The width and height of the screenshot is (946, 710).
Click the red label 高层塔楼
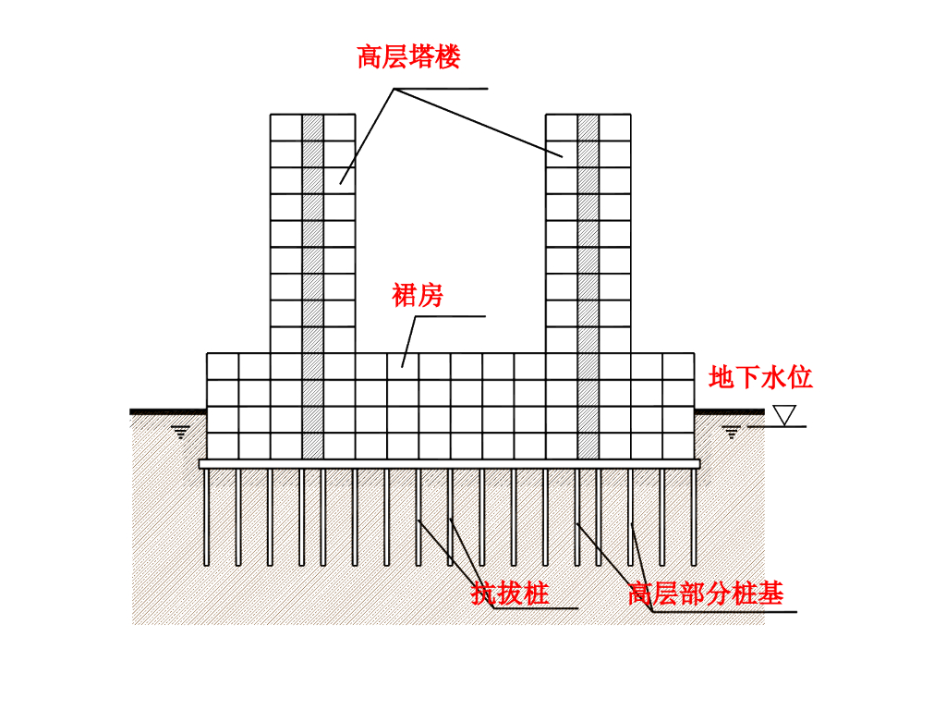point(408,58)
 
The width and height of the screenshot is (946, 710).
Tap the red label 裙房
point(418,296)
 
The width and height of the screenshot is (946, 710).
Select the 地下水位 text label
point(760,377)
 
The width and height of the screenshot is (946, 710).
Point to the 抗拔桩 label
point(510,593)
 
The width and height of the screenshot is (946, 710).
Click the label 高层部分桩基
point(706,593)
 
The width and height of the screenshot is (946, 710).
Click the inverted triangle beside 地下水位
point(785,415)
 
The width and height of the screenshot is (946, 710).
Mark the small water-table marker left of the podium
point(181,431)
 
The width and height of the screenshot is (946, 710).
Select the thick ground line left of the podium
point(167,411)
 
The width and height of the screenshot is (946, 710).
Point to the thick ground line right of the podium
point(729,411)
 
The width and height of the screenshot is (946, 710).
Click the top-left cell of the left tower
point(286,128)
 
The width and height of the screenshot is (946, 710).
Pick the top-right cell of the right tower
point(614,128)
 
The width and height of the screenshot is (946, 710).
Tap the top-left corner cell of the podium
point(223,366)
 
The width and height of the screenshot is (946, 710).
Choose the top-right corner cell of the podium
point(678,366)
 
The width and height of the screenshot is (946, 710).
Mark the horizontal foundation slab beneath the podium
point(449,463)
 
